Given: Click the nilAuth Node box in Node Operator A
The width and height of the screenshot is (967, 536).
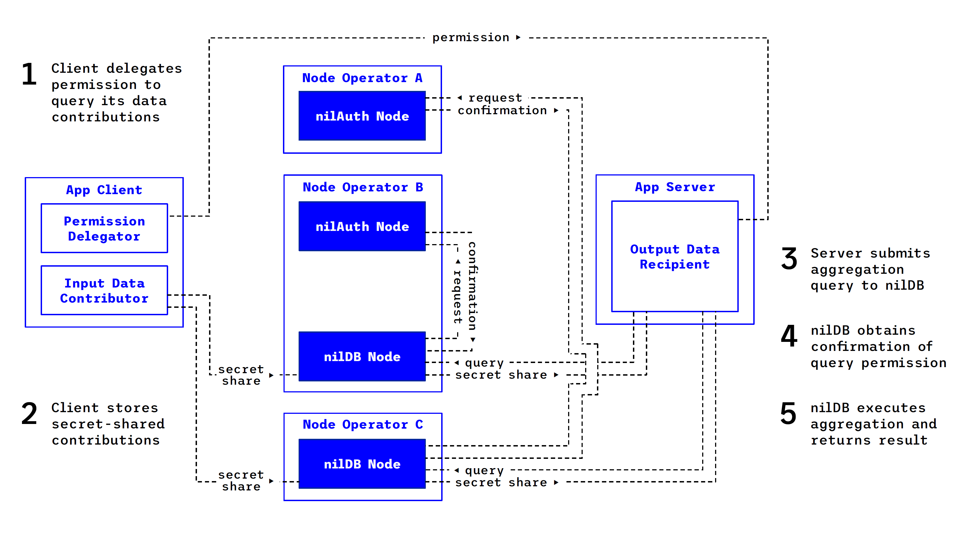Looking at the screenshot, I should [362, 116].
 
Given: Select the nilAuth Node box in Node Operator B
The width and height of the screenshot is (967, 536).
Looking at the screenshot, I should [362, 226].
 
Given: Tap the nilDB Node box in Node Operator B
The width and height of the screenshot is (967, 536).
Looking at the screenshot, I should [362, 356].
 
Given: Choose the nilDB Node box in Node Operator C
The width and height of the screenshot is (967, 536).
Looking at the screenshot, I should [362, 464].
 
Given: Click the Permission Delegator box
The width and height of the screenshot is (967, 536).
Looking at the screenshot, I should [104, 228].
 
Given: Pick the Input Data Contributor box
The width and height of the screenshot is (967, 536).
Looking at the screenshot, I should [104, 290].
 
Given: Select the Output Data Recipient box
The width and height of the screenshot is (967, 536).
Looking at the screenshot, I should [675, 256].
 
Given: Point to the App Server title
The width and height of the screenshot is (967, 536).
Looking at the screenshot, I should [675, 187].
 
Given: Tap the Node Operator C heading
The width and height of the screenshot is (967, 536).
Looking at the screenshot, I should [363, 424].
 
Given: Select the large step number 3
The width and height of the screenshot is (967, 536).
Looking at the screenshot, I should [789, 259].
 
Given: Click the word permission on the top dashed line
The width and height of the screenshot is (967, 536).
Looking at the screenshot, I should [471, 38].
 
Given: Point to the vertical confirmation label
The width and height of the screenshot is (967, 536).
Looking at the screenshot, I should [472, 286].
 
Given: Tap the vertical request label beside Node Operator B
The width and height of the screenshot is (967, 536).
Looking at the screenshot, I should [457, 296].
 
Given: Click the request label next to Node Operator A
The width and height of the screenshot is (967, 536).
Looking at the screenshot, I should [495, 98].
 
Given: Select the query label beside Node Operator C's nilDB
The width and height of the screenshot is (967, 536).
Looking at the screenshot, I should [484, 470].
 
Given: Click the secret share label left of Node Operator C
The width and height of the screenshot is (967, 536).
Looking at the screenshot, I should [241, 481].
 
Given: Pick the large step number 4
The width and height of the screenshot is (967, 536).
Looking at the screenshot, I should [789, 336].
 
